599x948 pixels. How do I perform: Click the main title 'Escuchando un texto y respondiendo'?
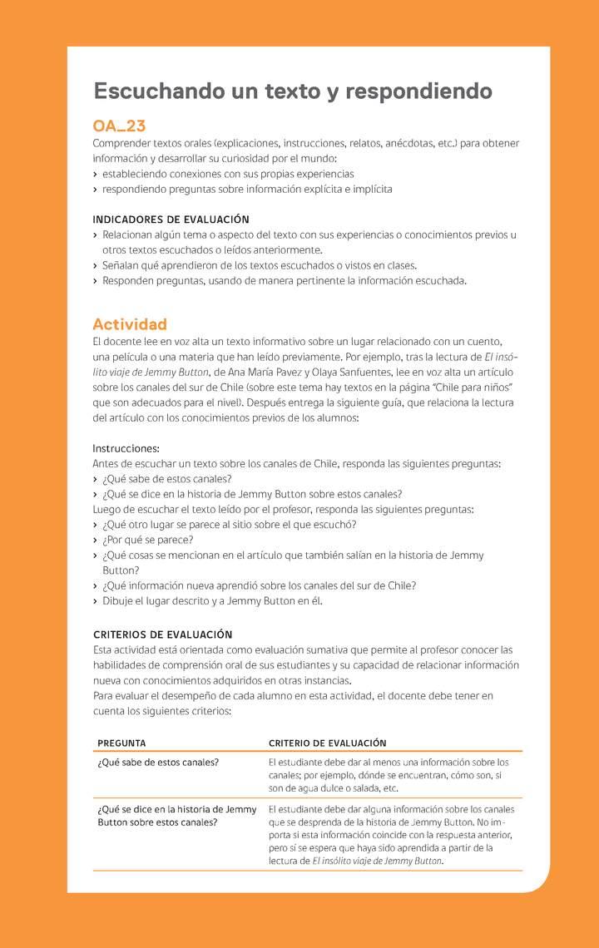[293, 91]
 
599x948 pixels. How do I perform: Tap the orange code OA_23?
[119, 126]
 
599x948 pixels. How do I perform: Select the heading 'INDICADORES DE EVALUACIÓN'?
[171, 220]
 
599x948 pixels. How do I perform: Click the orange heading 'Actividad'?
[130, 324]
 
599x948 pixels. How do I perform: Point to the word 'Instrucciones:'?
[126, 448]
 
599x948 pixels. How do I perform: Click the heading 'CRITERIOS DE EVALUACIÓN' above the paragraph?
[162, 634]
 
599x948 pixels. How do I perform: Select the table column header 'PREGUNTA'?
[121, 743]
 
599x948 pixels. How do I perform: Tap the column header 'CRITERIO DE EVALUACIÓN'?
[327, 743]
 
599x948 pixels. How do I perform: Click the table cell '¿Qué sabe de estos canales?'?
[158, 763]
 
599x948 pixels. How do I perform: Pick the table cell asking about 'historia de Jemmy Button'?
[176, 815]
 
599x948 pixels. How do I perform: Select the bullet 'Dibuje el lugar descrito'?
[212, 600]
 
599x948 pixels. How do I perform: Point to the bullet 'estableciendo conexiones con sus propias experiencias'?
[228, 174]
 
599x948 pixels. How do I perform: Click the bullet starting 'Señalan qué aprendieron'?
[260, 265]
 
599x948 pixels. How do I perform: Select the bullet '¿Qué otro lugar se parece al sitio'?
[229, 525]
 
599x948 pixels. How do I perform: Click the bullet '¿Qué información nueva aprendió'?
[259, 585]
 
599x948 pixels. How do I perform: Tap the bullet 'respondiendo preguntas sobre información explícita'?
[247, 189]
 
